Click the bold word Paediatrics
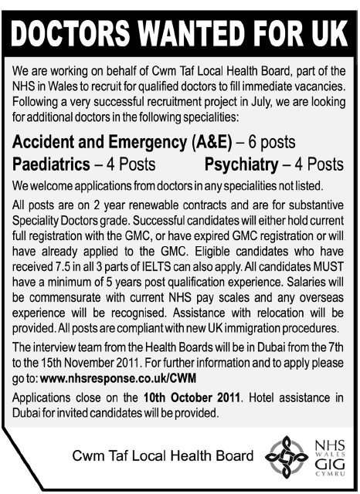tap(52, 164)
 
